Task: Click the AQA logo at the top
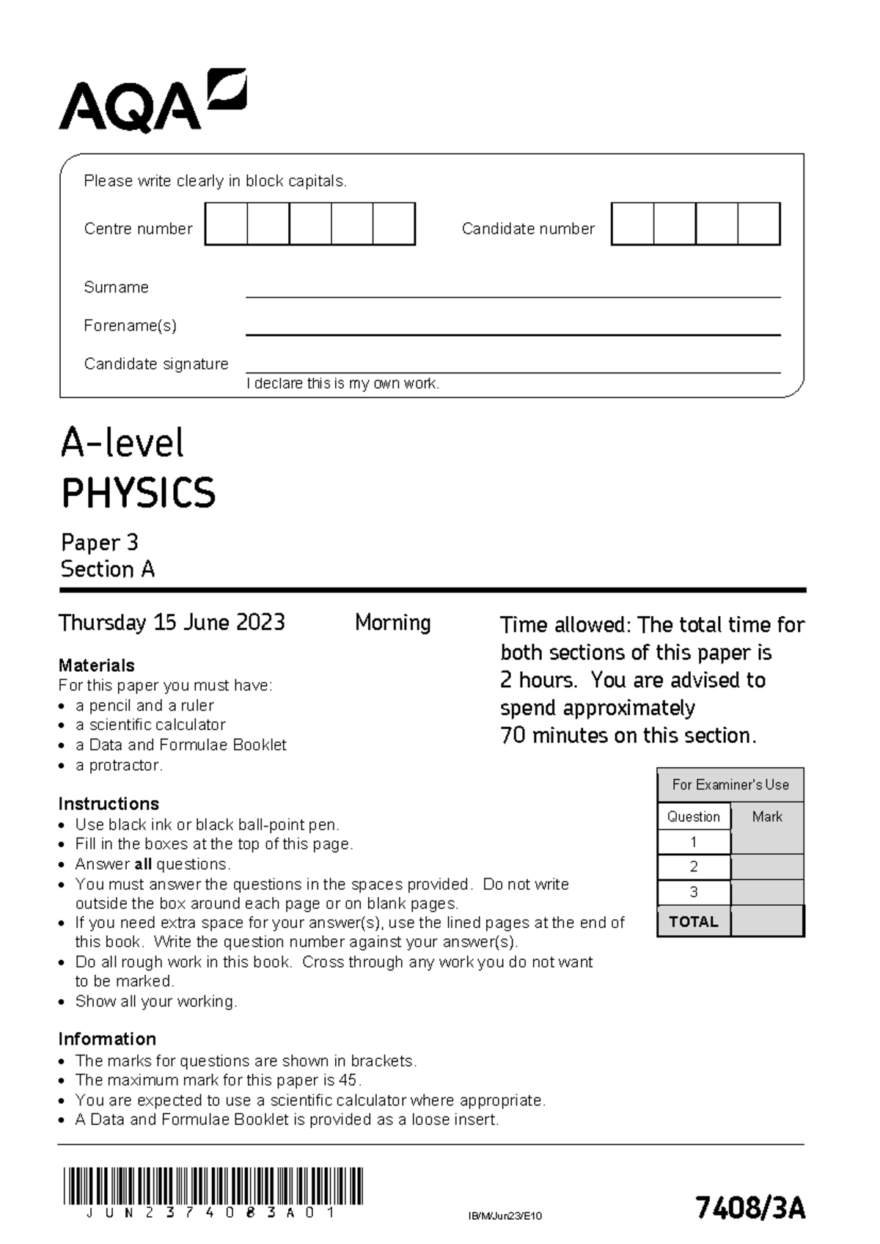coord(153,102)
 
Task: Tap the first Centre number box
coord(226,224)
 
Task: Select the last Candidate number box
coord(759,224)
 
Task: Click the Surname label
coord(116,288)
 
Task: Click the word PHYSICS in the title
coord(138,493)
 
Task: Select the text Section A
coord(108,570)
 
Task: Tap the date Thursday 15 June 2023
coord(172,623)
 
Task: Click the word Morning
coord(392,623)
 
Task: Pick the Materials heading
coord(96,665)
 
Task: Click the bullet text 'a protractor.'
coord(119,765)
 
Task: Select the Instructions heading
coord(109,804)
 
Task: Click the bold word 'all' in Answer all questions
coord(143,864)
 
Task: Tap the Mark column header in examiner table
coord(767,816)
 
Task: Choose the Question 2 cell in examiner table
coord(694,867)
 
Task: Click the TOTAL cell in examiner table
coord(694,922)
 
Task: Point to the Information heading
coord(107,1039)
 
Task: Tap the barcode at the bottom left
coord(213,1186)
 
